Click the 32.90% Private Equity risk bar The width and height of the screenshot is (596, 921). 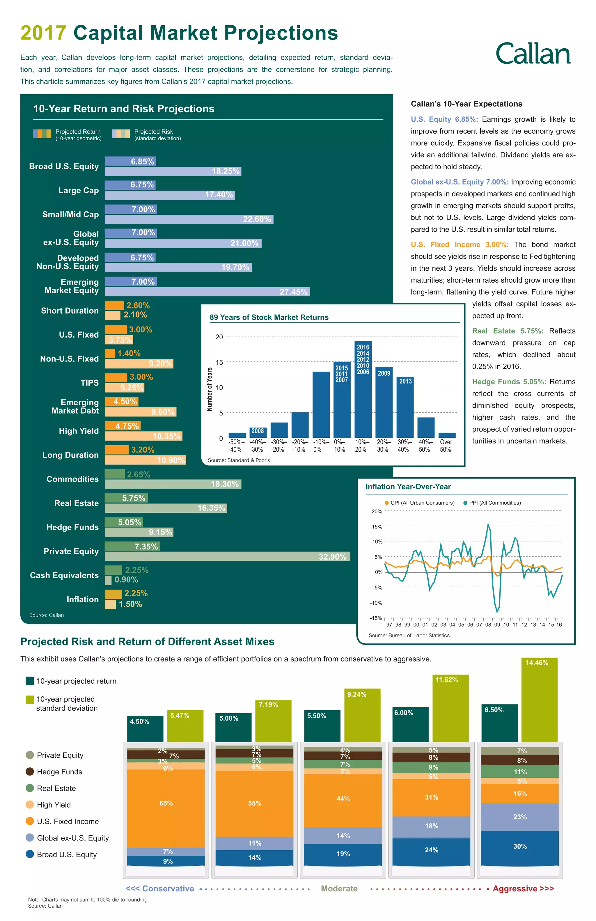coord(227,556)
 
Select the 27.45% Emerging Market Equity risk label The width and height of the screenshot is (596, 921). coord(293,292)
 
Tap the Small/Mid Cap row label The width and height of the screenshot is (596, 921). coord(70,214)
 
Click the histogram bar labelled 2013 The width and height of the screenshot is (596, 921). coord(405,408)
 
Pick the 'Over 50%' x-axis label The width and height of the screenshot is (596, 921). coord(446,446)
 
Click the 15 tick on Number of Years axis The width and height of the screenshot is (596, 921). coord(219,362)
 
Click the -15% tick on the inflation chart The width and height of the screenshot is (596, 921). coord(376,618)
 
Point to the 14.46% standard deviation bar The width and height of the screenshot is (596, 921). coord(539,700)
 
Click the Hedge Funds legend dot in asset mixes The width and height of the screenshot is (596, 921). coord(30,772)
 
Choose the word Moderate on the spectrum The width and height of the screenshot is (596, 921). coord(339,888)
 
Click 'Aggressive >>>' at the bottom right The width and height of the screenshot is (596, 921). coord(523,888)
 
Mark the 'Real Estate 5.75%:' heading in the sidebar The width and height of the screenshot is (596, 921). coord(507,331)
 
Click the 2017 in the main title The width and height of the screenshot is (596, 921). coord(43,33)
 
